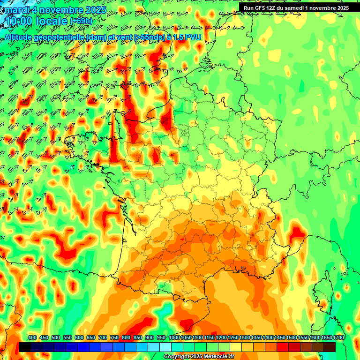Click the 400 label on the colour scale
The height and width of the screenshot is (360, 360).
click(32, 338)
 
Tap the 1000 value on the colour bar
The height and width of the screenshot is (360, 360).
click(174, 338)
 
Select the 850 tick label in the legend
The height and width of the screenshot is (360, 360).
click(138, 338)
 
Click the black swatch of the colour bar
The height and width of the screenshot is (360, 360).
click(25, 347)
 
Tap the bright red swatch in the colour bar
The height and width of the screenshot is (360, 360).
click(283, 347)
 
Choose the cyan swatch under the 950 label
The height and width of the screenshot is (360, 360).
click(165, 347)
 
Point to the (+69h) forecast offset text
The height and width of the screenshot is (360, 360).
click(81, 21)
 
